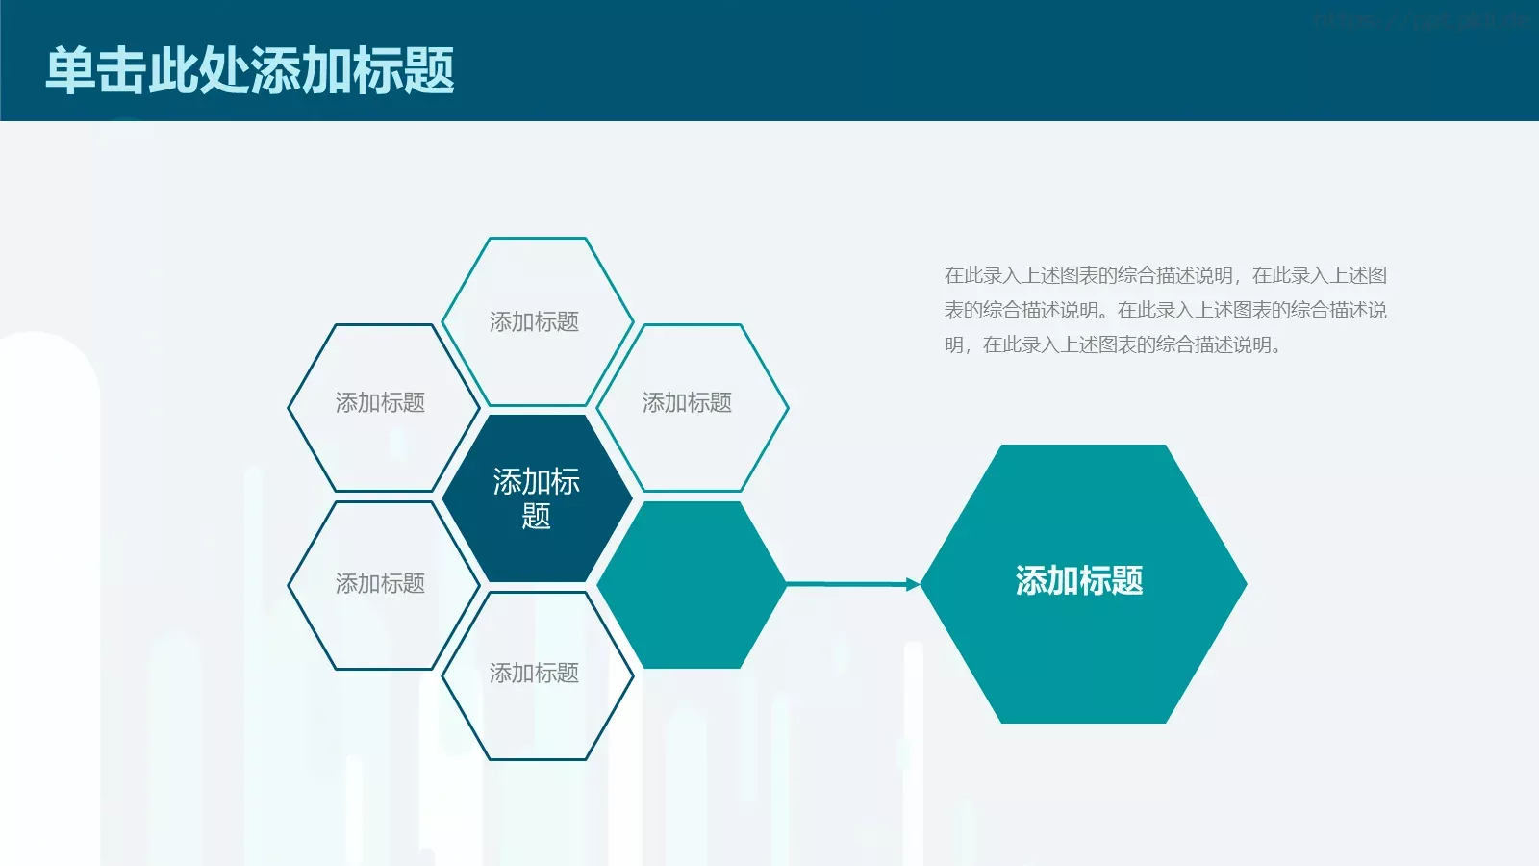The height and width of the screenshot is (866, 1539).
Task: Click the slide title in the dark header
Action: pos(250,70)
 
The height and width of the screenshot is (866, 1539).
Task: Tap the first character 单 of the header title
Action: pos(71,70)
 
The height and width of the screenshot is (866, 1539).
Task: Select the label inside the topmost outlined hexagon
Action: pos(534,321)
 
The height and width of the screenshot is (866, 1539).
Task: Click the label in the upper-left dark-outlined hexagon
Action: pos(380,402)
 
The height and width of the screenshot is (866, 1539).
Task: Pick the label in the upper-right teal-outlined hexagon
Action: pos(687,402)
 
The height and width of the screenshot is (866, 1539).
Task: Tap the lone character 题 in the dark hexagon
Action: pos(537,517)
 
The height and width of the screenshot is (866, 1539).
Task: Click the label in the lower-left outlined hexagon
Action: pos(380,583)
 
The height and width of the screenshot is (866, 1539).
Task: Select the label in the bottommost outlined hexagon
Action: pos(534,673)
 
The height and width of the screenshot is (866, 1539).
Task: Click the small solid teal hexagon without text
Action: pos(691,585)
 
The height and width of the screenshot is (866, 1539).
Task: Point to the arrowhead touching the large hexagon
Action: pos(913,584)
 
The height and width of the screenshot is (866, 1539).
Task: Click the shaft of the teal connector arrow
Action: pos(846,583)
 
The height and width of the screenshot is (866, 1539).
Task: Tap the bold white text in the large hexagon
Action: pos(1079,581)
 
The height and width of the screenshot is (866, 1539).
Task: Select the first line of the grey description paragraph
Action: pos(1165,275)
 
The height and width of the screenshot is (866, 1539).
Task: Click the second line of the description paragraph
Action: pos(1165,310)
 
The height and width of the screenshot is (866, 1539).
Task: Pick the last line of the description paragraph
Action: pos(1111,344)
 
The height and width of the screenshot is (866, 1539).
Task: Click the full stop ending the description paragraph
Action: pos(1276,348)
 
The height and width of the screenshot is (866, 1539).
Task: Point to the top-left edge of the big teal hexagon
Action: pos(962,514)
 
